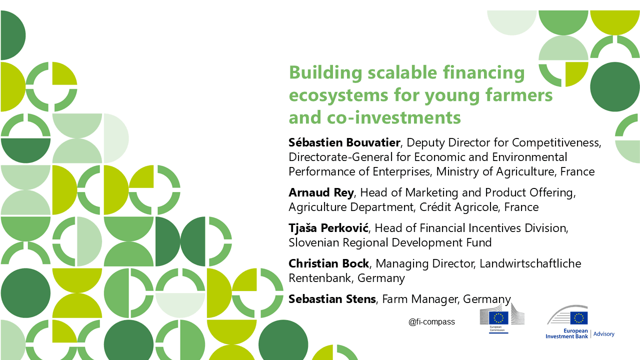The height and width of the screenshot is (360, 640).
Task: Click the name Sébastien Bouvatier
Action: pyautogui.click(x=344, y=142)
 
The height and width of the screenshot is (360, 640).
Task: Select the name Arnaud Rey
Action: pyautogui.click(x=321, y=192)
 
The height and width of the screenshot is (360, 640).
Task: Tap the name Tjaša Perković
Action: pyautogui.click(x=328, y=227)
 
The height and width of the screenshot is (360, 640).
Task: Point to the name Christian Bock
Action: pyautogui.click(x=328, y=263)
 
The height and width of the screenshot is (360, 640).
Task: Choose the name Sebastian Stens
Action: pyautogui.click(x=332, y=299)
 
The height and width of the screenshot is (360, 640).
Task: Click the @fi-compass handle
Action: pyautogui.click(x=431, y=321)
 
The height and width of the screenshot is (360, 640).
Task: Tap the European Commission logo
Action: pyautogui.click(x=502, y=318)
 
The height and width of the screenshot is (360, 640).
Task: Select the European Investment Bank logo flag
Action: pyautogui.click(x=579, y=318)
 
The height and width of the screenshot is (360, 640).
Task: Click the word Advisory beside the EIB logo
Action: pyautogui.click(x=603, y=333)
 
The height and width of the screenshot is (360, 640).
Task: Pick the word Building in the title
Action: pyautogui.click(x=325, y=72)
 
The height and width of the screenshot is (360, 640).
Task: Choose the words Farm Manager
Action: pyautogui.click(x=420, y=299)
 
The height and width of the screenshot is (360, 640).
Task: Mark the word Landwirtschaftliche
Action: pyautogui.click(x=530, y=263)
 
